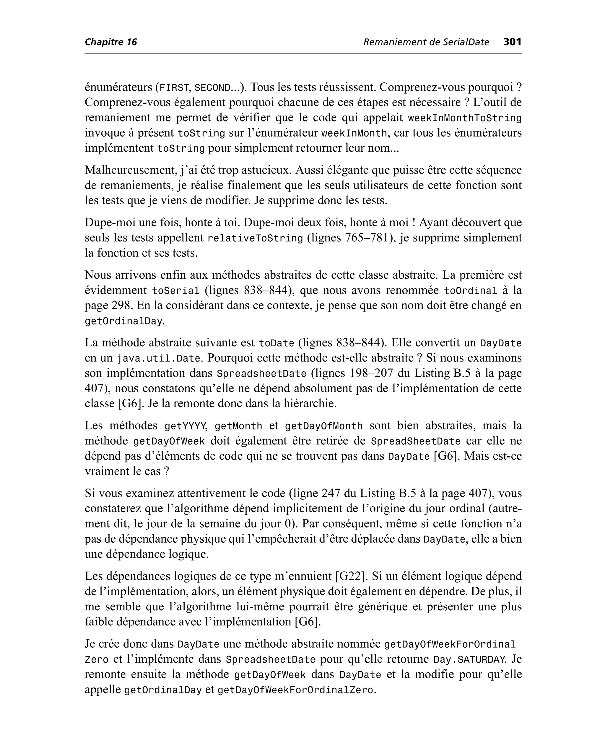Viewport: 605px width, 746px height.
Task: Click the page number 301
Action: [x=512, y=42]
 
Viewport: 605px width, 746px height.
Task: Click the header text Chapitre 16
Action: [x=111, y=43]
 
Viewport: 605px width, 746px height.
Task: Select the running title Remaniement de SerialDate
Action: [x=426, y=43]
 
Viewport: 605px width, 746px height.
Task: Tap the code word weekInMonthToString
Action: [x=465, y=118]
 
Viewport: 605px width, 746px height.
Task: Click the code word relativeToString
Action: [x=255, y=239]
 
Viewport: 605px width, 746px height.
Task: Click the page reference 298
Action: [x=121, y=305]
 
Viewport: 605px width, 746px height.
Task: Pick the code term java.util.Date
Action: [x=159, y=358]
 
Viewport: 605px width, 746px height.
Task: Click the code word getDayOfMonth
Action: [x=323, y=426]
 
